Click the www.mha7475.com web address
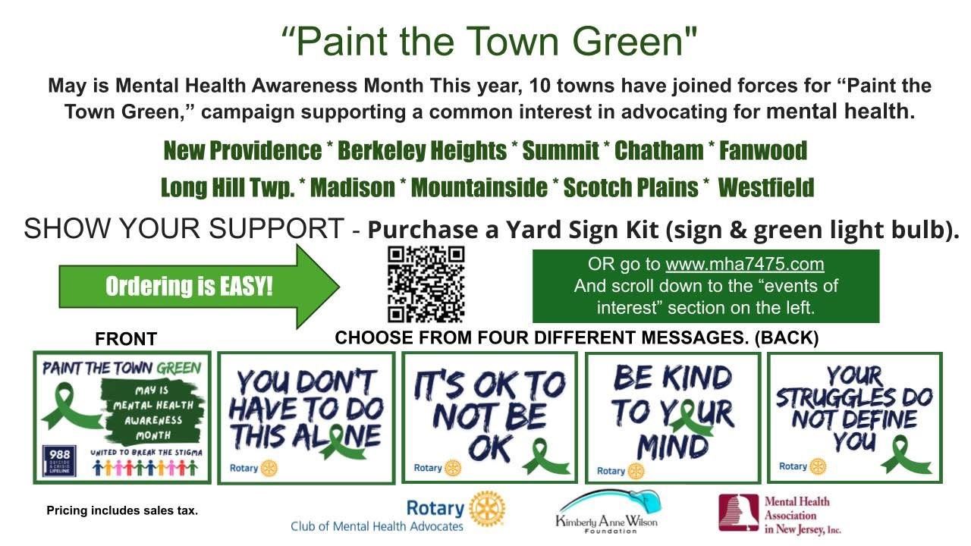coord(744,265)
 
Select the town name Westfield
coord(765,187)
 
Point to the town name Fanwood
coord(762,151)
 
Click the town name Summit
coord(561,151)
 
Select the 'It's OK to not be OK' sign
coord(489,416)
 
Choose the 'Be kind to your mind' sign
coord(673,416)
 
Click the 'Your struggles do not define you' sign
coord(854,416)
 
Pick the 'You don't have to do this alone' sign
coord(306,418)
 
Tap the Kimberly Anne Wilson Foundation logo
coord(608,512)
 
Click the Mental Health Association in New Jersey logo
coord(780,513)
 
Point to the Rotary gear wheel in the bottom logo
coord(487,508)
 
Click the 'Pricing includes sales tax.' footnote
coord(122,511)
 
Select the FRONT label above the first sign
coord(126,340)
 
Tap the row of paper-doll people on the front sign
coord(145,468)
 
